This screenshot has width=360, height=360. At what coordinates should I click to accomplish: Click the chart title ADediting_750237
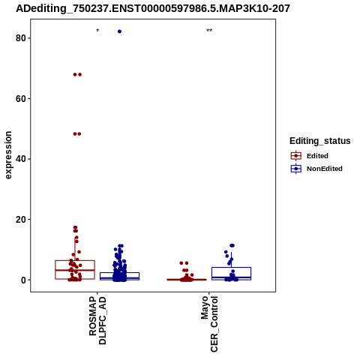tap(153, 9)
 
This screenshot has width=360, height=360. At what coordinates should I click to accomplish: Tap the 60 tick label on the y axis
tap(20, 98)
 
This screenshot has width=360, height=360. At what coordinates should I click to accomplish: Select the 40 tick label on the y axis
tap(20, 159)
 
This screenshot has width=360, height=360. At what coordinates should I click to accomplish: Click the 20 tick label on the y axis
tap(20, 219)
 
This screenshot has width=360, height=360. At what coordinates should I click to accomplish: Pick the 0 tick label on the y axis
tap(23, 280)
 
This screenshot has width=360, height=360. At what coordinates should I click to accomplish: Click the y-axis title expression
tap(8, 155)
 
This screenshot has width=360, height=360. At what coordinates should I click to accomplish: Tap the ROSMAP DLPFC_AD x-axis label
tap(97, 320)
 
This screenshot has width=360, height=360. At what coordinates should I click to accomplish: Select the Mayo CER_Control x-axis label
tap(209, 324)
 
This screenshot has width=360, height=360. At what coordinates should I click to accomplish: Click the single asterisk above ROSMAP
tap(97, 31)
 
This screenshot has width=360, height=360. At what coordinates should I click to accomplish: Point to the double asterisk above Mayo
tap(209, 31)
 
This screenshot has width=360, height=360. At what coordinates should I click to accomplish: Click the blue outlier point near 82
tap(119, 31)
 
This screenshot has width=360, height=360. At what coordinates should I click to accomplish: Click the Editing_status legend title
tap(320, 141)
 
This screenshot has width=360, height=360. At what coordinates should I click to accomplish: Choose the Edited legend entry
tap(317, 156)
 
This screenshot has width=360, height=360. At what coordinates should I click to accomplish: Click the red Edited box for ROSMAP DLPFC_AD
tap(75, 270)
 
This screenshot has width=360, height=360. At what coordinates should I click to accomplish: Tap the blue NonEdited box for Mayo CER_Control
tap(231, 274)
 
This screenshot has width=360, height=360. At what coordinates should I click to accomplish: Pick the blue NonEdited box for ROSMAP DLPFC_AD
tap(119, 276)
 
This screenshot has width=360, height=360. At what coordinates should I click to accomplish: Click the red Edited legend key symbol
tap(296, 156)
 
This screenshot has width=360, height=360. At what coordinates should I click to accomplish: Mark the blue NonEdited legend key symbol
tap(296, 169)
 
